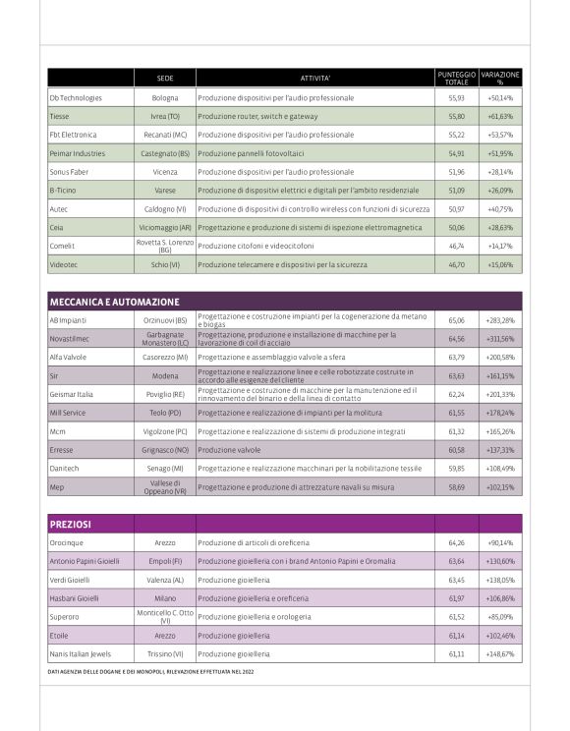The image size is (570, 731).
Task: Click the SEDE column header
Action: coord(165,78)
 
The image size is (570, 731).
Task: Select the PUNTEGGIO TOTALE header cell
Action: coord(456,78)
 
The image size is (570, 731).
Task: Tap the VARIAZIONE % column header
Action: coord(500,78)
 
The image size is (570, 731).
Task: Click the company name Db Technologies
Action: coord(76,98)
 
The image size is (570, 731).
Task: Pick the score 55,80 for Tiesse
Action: coord(456,116)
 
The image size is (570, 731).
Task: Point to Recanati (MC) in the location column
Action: coord(165,135)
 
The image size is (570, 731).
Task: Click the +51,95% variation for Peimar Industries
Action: coord(500,153)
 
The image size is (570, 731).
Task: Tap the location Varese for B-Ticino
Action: coord(165,190)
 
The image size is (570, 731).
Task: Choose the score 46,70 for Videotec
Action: coord(456,264)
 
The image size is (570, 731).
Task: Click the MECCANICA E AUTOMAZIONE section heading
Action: coord(115,302)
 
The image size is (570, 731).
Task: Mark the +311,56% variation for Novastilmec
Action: coord(500,339)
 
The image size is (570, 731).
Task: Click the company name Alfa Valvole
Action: coord(70,358)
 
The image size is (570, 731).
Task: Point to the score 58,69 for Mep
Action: coord(456,487)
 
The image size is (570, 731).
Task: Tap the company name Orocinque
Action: coord(67,542)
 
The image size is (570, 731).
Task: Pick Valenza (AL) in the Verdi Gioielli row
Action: coord(165,580)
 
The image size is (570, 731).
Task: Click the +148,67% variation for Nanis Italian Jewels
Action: coord(500,653)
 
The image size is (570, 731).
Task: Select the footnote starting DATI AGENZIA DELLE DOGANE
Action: coord(158,672)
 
